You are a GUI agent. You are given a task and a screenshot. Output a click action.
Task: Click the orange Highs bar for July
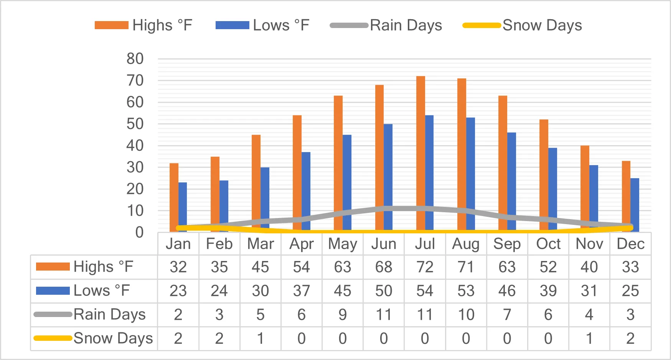pos(420,154)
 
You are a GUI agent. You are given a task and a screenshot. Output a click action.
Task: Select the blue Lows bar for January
pos(183,207)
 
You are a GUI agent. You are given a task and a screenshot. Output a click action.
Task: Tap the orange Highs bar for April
pos(297,173)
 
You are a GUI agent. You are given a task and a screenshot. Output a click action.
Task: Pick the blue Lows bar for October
pos(552,190)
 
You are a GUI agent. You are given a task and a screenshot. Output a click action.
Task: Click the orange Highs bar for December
pos(626,196)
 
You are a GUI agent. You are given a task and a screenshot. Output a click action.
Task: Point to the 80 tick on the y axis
pos(135,59)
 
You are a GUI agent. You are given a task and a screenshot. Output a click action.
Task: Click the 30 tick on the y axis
pos(135,167)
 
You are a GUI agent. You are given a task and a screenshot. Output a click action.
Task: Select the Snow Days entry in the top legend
pos(523,25)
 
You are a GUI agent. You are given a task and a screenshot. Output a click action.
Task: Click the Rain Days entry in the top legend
pos(386,25)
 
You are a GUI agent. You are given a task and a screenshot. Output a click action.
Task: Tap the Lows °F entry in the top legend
pos(262,25)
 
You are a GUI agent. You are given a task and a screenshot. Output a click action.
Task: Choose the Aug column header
pos(466,244)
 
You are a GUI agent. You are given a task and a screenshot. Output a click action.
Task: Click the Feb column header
pos(219,244)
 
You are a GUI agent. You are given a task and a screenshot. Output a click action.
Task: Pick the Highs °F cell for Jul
pos(425,267)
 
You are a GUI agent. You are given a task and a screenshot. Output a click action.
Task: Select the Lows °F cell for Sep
pos(507,291)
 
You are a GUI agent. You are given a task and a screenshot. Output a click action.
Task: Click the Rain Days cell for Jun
pos(384,315)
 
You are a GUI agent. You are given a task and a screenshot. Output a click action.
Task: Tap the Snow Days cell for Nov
pos(589,339)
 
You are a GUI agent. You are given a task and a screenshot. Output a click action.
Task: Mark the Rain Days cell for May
pos(343,315)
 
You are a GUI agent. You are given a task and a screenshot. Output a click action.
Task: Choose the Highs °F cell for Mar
pos(260,267)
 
